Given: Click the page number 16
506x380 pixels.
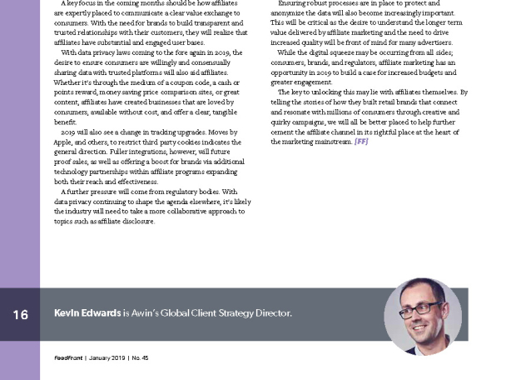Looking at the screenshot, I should point(21,314).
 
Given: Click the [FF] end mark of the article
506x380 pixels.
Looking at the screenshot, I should point(360,142).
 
